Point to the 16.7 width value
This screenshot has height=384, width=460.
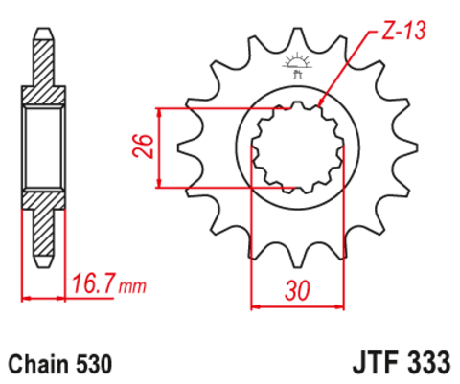(x=95, y=284)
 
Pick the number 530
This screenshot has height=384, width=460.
(x=94, y=365)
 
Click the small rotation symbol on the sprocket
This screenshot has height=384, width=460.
(x=293, y=63)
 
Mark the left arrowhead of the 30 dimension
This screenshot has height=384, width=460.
(x=254, y=307)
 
